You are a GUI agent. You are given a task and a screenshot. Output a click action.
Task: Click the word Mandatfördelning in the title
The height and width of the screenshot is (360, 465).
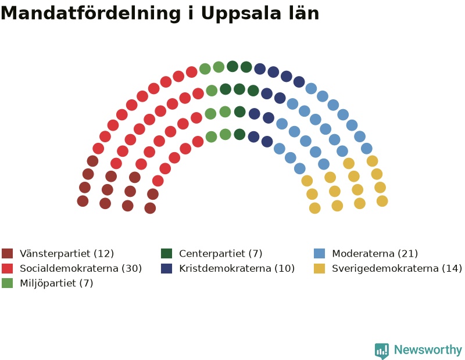point(91,13)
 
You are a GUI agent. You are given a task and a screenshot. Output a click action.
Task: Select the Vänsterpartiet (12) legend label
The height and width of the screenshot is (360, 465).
point(67,254)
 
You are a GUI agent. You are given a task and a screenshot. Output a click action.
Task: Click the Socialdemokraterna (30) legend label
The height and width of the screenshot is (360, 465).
point(81,268)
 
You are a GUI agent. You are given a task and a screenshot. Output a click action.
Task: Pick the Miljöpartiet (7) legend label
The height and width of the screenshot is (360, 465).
point(56,283)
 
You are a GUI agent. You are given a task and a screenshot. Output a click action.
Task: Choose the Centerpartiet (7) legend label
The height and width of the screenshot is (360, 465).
point(221,254)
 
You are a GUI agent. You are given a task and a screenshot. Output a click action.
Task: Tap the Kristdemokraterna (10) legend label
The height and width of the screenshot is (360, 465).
point(237,268)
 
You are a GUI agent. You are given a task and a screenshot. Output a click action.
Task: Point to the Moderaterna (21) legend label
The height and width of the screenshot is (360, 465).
point(375,254)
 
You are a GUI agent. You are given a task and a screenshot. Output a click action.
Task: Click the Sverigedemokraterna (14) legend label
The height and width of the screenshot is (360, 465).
point(397,269)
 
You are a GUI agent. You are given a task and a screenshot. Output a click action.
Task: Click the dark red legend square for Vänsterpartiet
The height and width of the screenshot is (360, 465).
point(8,254)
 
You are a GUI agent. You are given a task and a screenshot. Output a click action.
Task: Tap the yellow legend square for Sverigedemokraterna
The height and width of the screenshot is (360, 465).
point(319,268)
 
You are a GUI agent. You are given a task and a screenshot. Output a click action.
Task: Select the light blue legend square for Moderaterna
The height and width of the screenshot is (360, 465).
point(319,254)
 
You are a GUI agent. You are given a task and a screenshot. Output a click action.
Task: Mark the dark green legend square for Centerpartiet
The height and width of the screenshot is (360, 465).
point(167,254)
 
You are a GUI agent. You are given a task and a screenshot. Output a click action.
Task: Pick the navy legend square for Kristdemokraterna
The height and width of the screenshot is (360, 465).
point(167,268)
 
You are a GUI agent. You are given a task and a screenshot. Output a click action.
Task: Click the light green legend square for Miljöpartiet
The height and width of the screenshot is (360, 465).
point(8,283)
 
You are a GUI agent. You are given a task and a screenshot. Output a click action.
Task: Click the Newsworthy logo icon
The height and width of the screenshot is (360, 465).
point(382,351)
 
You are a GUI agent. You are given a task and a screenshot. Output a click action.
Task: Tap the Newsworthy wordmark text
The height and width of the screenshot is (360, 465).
point(428,350)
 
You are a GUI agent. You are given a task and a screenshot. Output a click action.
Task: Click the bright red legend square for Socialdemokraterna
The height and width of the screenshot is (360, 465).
point(8,268)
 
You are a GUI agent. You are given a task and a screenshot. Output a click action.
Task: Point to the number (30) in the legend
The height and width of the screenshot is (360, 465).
point(132,268)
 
